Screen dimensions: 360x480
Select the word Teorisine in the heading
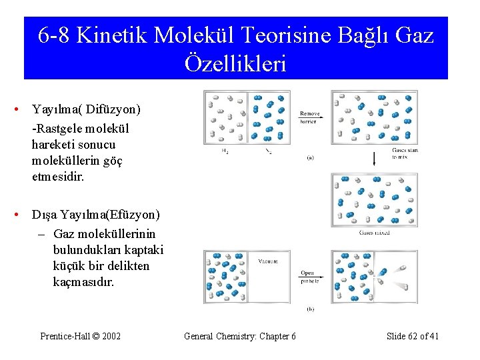286,35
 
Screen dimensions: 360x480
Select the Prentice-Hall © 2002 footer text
81,336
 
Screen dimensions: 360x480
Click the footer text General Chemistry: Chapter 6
240,336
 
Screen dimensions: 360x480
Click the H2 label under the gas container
224,151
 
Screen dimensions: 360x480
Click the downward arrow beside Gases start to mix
375,158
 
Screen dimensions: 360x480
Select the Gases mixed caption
374,233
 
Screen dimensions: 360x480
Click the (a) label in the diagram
311,158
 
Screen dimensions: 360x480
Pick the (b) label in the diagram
311,309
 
